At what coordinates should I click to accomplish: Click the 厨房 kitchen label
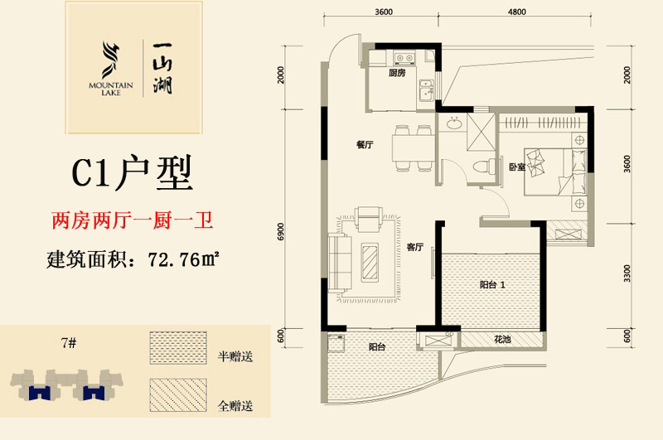397,73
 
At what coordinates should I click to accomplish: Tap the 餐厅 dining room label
365,144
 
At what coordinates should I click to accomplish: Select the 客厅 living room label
415,247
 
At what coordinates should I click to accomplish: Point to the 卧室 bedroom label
517,167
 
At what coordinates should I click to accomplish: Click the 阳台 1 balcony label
492,285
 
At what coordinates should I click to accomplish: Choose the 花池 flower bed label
502,339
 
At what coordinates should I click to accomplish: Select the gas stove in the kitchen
404,58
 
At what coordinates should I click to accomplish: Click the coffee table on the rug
370,263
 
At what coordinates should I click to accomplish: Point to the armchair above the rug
368,219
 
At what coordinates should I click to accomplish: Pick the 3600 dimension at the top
384,12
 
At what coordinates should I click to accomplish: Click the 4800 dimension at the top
516,12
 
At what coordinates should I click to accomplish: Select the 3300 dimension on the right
627,273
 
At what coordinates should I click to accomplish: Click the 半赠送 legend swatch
178,348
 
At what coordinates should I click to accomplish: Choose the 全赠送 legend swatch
178,394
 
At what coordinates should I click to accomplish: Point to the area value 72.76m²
183,259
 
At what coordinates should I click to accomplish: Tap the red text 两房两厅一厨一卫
133,221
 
